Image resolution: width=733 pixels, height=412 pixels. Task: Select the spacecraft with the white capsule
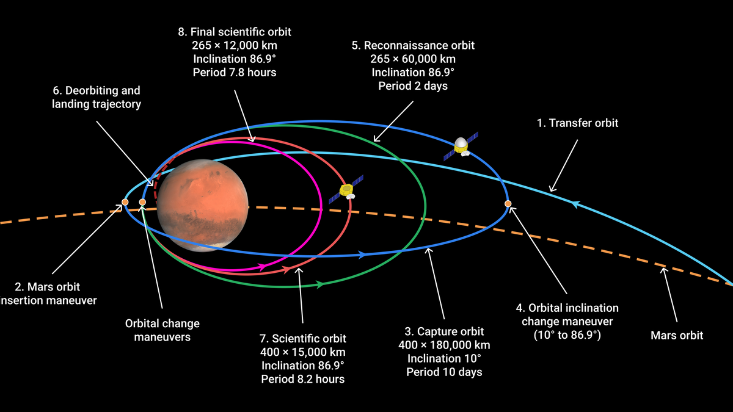coord(461,146)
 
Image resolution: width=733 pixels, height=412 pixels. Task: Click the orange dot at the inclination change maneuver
coord(508,203)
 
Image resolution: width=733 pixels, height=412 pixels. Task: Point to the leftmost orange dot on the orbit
coord(125,201)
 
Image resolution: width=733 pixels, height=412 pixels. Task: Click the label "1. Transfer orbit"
coord(577,123)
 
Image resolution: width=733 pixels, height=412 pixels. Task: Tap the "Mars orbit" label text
coord(677,335)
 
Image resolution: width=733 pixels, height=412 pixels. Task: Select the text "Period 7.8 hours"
coord(235,73)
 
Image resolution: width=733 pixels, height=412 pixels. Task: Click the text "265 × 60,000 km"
coord(413,59)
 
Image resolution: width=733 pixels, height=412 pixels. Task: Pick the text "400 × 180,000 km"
coord(444,345)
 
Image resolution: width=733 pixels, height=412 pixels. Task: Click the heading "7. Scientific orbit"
coord(303,338)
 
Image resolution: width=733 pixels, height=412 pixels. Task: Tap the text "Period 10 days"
coord(444,372)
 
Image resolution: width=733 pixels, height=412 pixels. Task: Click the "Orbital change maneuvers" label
coord(162,330)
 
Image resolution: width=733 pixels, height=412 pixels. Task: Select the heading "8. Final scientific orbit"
coord(235,32)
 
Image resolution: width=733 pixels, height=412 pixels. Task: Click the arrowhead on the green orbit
coord(319,284)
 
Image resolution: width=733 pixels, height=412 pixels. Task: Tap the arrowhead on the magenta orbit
coord(262,267)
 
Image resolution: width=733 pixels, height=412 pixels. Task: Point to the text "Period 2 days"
coord(413,86)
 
